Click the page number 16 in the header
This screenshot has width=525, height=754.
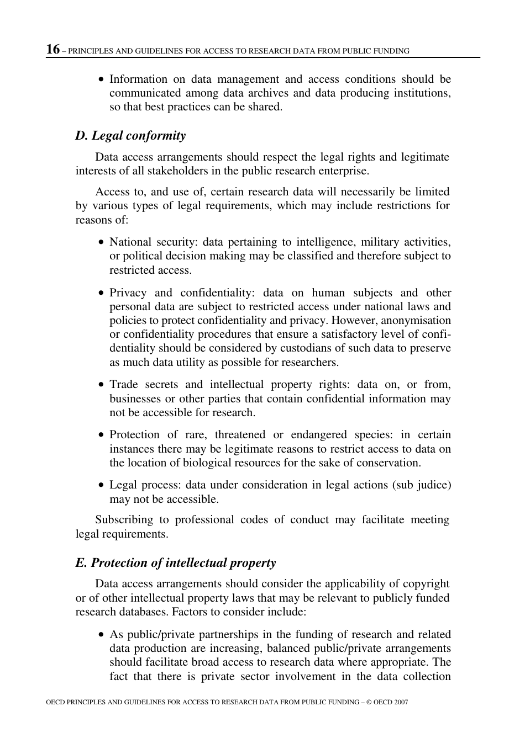[53, 50]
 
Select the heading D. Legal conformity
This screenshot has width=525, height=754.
[130, 136]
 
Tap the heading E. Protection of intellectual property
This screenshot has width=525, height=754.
[175, 563]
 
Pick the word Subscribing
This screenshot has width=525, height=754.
[124, 520]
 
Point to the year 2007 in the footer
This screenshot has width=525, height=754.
[401, 702]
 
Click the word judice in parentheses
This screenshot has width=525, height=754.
[431, 485]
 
